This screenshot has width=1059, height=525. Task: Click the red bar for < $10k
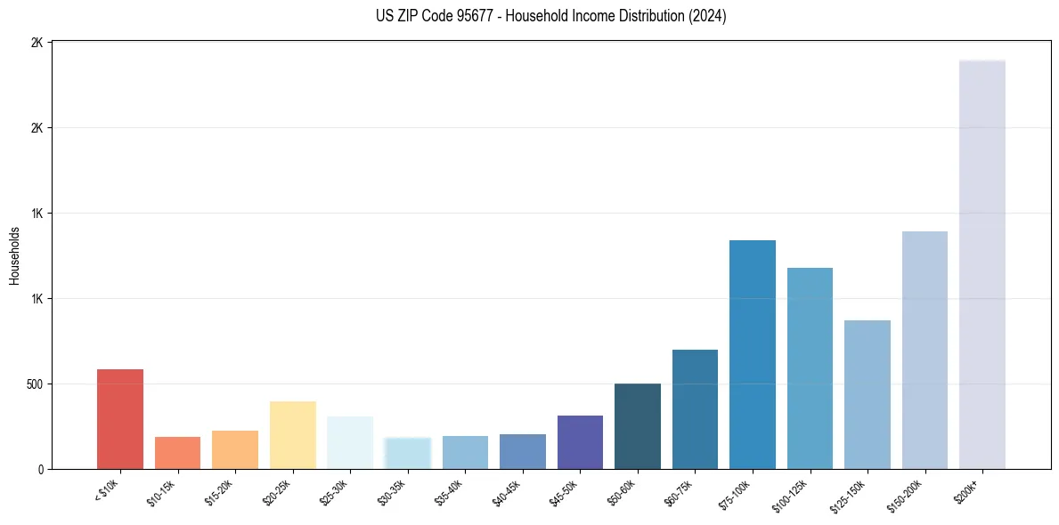pyautogui.click(x=120, y=419)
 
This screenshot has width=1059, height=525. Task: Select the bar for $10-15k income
pyautogui.click(x=177, y=453)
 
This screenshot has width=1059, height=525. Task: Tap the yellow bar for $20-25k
pyautogui.click(x=292, y=435)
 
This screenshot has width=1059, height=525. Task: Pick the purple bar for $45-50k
pyautogui.click(x=580, y=442)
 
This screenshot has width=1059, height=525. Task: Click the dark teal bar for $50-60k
pyautogui.click(x=638, y=426)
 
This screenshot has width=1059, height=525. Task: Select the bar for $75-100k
pyautogui.click(x=753, y=354)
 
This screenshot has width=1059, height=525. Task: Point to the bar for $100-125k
pyautogui.click(x=810, y=368)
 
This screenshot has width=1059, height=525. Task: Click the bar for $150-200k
pyautogui.click(x=925, y=350)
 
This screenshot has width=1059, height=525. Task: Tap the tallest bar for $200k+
pyautogui.click(x=982, y=264)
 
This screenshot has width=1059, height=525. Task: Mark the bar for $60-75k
pyautogui.click(x=695, y=409)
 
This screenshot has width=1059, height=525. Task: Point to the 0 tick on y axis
pyautogui.click(x=40, y=469)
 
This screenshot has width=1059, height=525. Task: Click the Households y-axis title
pyautogui.click(x=14, y=255)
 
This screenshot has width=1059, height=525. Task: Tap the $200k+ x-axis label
pyautogui.click(x=968, y=491)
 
